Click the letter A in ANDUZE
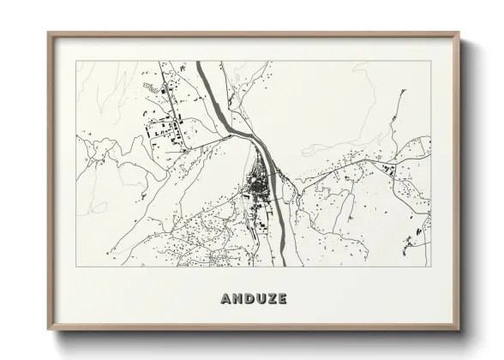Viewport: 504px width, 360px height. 226,299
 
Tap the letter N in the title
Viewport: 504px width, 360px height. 237,299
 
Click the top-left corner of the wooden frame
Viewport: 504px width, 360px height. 49,33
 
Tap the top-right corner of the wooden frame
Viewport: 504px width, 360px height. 460,33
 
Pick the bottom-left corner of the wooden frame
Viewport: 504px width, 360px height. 49,328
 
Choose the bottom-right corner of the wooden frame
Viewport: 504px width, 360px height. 460,328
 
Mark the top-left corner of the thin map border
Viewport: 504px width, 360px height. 77,62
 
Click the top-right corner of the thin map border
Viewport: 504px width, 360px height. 431,62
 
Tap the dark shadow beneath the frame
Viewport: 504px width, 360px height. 257,335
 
